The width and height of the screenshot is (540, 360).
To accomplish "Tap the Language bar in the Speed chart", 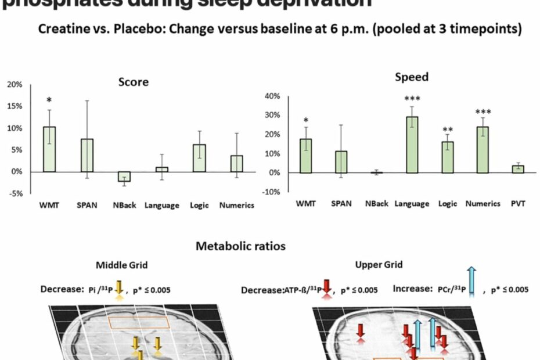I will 412,145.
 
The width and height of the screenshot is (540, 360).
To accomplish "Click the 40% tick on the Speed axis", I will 272,96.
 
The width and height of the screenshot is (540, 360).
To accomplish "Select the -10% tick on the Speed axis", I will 271,192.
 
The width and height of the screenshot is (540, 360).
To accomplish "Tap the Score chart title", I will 133,82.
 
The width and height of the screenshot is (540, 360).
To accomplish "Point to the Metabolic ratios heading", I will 240,246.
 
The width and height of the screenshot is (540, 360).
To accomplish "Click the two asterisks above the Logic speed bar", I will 448,130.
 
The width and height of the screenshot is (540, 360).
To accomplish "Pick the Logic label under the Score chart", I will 199,205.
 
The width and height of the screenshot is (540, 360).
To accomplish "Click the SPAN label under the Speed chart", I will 341,204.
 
